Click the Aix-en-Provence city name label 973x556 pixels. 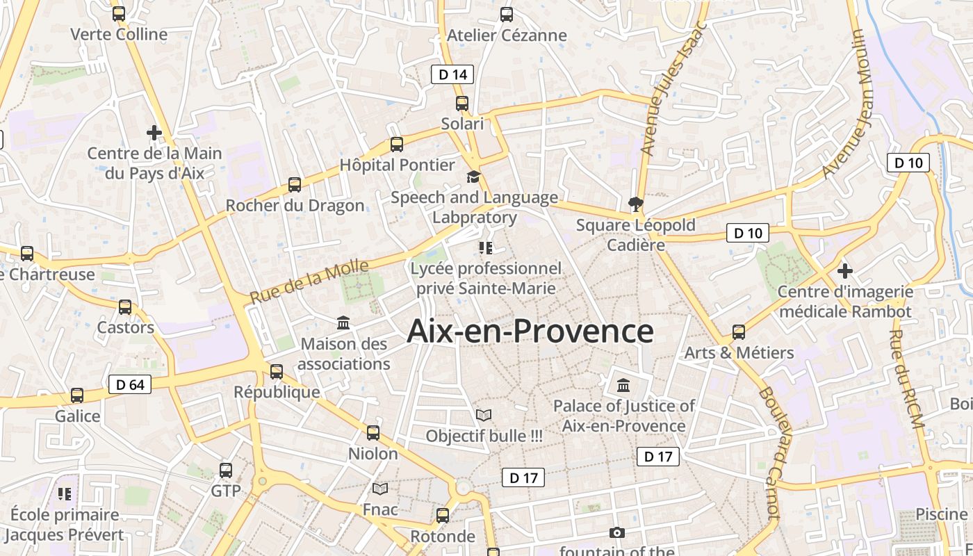click(530, 331)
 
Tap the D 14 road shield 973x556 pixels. click(452, 74)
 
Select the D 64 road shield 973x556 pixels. click(130, 384)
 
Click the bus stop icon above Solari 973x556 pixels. click(462, 104)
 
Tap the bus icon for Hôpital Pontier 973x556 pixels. click(397, 145)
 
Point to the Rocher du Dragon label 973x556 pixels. click(295, 206)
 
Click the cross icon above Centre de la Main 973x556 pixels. click(154, 132)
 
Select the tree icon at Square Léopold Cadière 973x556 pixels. click(635, 204)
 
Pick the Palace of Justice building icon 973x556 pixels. click(623, 385)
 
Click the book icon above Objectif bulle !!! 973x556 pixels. click(484, 416)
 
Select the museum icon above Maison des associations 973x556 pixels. click(343, 323)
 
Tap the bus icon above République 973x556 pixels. click(277, 371)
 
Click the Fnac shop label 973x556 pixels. click(380, 509)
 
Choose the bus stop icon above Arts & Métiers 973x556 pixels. click(739, 332)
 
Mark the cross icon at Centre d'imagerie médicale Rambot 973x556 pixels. click(845, 270)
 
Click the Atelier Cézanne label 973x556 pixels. click(507, 35)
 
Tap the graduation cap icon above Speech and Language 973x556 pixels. click(473, 177)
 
